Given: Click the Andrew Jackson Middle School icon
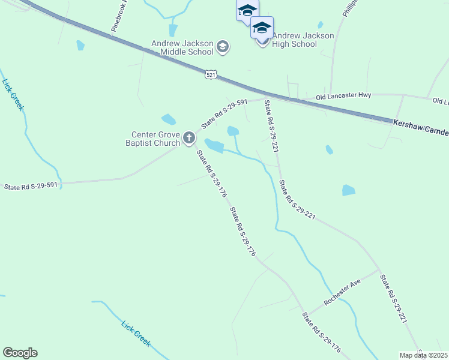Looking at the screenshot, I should [x=223, y=47].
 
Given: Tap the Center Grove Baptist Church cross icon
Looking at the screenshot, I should [x=188, y=139].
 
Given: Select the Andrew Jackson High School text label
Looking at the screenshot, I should [x=303, y=40].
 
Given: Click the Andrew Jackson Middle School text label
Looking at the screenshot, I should [x=182, y=47].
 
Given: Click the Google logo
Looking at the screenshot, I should [x=20, y=353].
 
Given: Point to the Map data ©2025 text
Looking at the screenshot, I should [x=423, y=355].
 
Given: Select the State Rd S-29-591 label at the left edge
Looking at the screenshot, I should [x=31, y=186].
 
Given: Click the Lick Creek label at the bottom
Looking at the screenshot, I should [x=136, y=333].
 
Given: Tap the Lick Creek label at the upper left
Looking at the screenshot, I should [x=13, y=95].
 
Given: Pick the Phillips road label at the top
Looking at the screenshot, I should [x=350, y=8].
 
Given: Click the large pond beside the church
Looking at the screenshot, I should [x=214, y=145].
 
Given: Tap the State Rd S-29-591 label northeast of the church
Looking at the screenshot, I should [x=224, y=114].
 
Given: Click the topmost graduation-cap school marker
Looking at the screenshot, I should [x=247, y=10].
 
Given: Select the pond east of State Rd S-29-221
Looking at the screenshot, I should [x=348, y=190].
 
